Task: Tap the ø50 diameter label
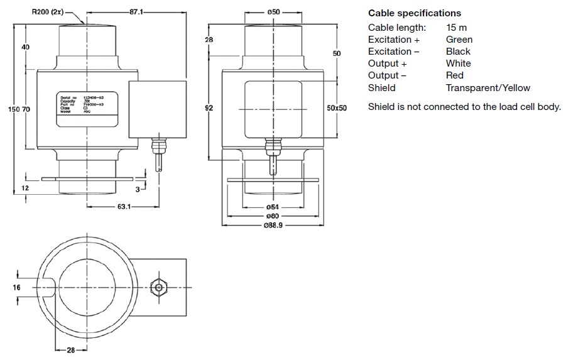[x=273, y=11]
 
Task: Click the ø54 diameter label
[x=272, y=207]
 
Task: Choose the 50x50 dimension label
[x=337, y=108]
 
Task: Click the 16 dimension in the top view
[x=16, y=287]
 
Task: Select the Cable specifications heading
[x=414, y=13]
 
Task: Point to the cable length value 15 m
[x=456, y=28]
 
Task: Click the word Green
[x=459, y=40]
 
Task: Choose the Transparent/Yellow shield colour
[x=487, y=88]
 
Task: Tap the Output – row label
[x=387, y=75]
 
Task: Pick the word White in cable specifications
[x=458, y=63]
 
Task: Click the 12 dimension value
[x=25, y=188]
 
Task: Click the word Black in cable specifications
[x=458, y=52]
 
